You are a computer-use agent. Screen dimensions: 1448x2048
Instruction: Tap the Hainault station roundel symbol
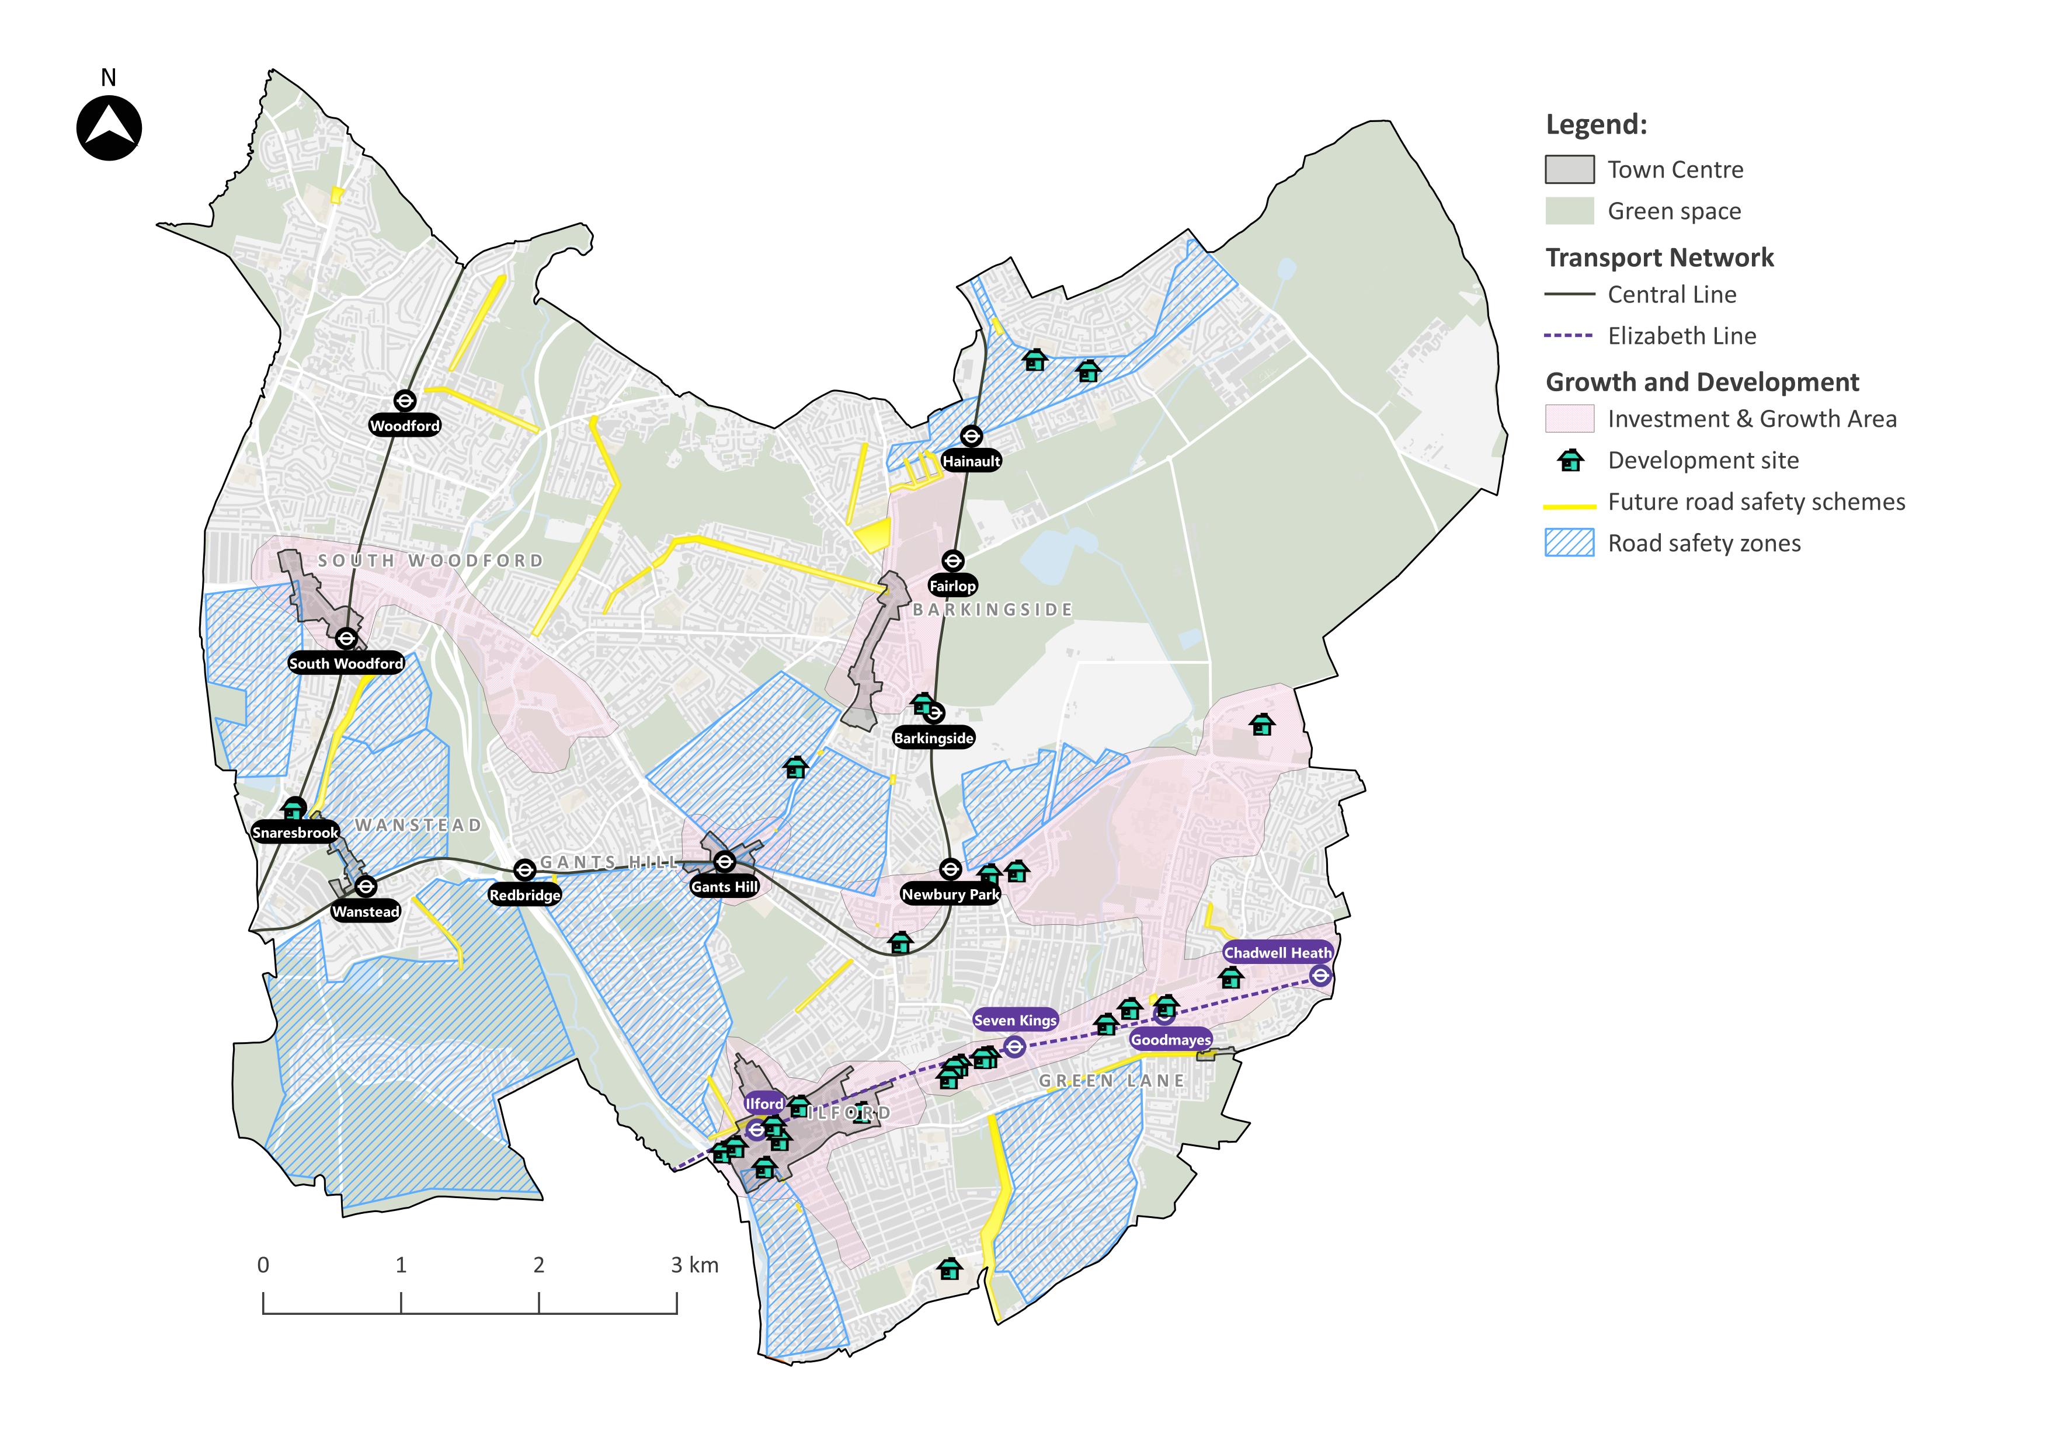[971, 436]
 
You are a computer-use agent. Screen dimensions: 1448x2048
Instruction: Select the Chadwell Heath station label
[1277, 952]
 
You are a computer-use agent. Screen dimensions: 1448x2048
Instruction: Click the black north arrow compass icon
[109, 128]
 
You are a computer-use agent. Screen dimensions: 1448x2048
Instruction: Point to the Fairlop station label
[952, 586]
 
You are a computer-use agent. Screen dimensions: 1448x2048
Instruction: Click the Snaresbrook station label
[295, 833]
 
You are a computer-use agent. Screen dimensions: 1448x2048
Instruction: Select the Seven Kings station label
[1015, 1020]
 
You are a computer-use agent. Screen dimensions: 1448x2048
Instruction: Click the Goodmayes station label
[1170, 1040]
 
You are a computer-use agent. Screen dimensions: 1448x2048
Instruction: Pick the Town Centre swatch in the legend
[1569, 169]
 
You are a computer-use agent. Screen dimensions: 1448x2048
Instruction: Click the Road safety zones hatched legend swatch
[1569, 543]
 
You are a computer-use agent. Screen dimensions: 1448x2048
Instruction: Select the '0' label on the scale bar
[263, 1264]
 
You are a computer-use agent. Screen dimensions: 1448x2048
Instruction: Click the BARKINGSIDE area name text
[992, 610]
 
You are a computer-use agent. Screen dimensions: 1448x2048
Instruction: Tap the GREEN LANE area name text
[1111, 1081]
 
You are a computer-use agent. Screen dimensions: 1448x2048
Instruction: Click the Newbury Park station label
[950, 894]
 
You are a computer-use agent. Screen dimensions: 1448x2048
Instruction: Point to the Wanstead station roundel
[365, 886]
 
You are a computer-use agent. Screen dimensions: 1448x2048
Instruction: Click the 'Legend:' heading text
[1596, 124]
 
